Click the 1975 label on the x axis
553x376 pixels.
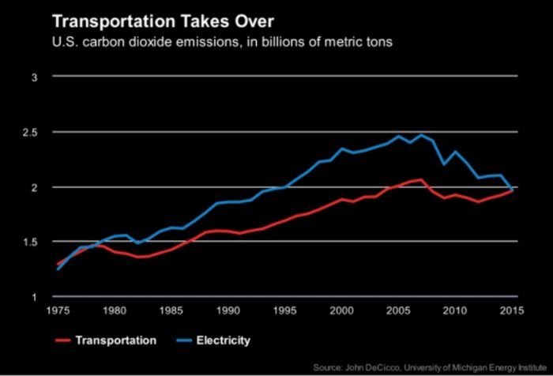coord(58,310)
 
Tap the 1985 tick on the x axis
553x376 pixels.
coord(171,310)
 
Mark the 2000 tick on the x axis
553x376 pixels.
coord(342,310)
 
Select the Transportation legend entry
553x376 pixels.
coord(115,341)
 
